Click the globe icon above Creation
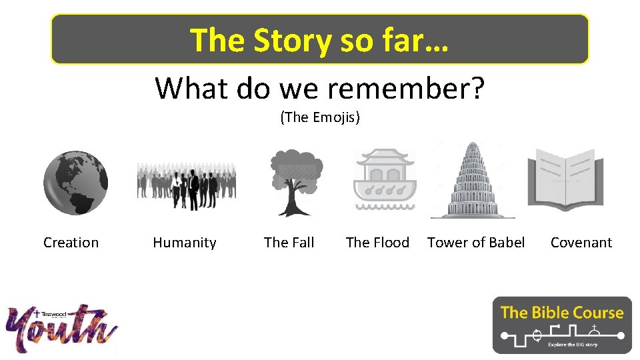(x=75, y=182)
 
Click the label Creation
(x=71, y=243)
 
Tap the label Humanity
(x=185, y=243)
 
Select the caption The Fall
(x=289, y=243)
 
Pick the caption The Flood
(x=377, y=243)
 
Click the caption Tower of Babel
(x=476, y=243)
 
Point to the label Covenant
(x=581, y=243)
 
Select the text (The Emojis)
(x=320, y=118)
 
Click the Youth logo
(x=62, y=328)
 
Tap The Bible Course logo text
(x=561, y=312)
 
